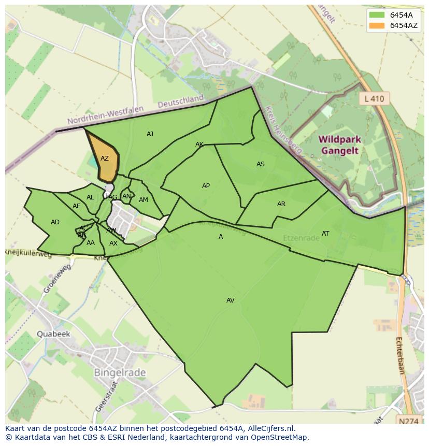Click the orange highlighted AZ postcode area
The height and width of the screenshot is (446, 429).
tap(103, 164)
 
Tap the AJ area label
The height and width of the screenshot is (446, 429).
tap(150, 134)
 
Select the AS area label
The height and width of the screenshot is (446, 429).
tap(260, 164)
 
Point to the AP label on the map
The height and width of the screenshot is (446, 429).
tap(206, 186)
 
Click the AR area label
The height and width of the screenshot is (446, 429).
tap(281, 204)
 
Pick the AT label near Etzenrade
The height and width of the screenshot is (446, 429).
tap(325, 234)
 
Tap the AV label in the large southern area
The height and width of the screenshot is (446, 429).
tap(231, 300)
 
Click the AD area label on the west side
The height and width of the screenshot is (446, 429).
tap(55, 222)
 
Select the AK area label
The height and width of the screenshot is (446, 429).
tap(199, 145)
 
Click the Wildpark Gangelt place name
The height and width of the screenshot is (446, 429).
tap(340, 146)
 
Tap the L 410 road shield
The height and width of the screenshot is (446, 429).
tap(374, 98)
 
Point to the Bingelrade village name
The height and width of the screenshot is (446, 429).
tap(120, 372)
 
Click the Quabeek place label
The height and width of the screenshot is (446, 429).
tap(53, 334)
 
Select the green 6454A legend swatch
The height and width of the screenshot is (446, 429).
tap(377, 15)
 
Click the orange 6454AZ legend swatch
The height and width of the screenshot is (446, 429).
tap(377, 25)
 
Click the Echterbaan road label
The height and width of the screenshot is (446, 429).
tap(399, 355)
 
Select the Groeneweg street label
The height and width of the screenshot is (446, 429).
tap(56, 279)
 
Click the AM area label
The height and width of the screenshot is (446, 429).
tap(144, 200)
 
